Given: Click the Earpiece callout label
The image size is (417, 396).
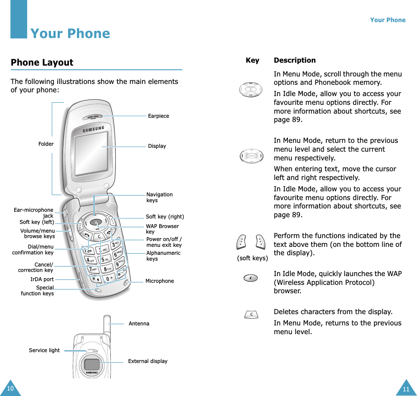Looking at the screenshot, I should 158,116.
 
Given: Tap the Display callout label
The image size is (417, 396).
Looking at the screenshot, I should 157,146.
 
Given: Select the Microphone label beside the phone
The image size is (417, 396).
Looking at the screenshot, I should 160,281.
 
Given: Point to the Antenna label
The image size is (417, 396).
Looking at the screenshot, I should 139,323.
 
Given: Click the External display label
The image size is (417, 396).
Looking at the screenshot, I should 147,361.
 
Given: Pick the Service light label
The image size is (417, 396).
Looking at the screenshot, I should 44,350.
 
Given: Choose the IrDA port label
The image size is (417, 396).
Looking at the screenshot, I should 42,279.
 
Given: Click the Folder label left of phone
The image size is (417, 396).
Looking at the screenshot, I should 46,144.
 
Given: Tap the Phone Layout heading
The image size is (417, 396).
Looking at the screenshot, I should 42,63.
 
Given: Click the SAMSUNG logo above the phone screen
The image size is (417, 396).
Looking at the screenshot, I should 93,129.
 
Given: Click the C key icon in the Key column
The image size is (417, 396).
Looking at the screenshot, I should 251,314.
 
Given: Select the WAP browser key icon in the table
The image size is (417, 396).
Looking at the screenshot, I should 251,278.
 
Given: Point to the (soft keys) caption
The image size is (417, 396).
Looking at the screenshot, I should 252,258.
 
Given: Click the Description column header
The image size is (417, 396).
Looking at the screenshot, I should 295,60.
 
